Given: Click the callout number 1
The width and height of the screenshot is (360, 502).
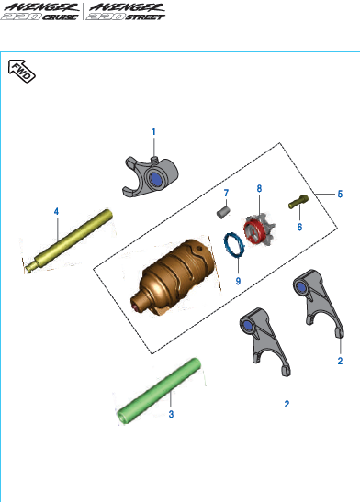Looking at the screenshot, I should (153, 131).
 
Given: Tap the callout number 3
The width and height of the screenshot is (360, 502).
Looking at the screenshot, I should (170, 415).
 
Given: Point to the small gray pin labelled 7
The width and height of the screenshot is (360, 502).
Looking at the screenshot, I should (221, 214).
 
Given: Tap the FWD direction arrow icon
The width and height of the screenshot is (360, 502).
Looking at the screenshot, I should (20, 70).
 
